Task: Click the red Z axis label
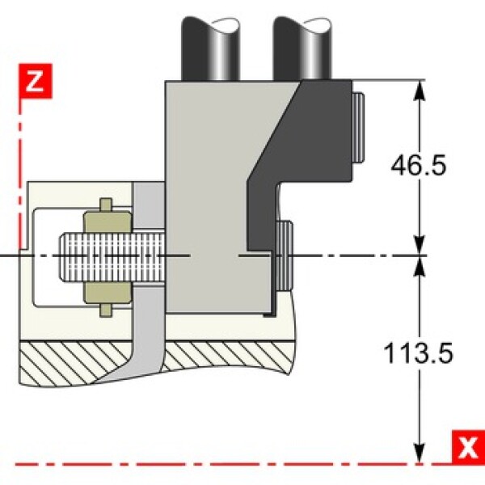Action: [36, 81]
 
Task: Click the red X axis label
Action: [468, 447]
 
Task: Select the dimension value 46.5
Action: [419, 165]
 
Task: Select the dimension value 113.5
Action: [418, 353]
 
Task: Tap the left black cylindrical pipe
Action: [210, 48]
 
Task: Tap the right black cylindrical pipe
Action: [302, 48]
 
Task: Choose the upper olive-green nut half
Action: [108, 221]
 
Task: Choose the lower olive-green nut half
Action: [108, 293]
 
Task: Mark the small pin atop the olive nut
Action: [106, 205]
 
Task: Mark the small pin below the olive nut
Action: [106, 310]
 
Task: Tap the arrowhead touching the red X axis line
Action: [420, 453]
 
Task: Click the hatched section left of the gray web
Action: [74, 362]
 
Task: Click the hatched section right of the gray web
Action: [227, 356]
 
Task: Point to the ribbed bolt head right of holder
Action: [285, 255]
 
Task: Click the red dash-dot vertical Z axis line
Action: [20, 173]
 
